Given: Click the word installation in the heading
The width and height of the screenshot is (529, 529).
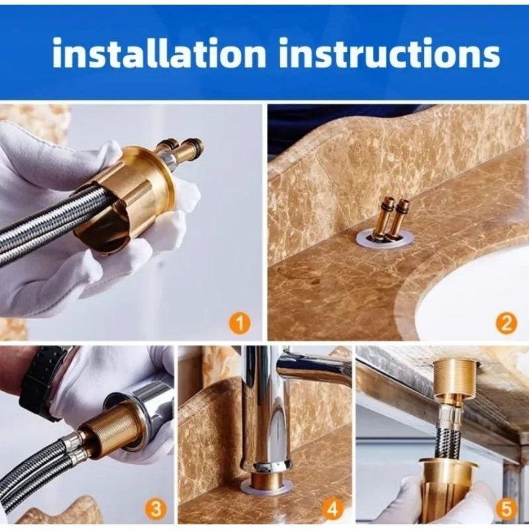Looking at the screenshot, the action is (x=159, y=53).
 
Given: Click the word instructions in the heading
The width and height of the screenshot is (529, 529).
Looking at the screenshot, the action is (x=389, y=54).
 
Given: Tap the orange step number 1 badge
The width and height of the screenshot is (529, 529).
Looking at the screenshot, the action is (x=239, y=323).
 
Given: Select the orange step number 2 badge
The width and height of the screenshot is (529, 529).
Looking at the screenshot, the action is (x=507, y=323).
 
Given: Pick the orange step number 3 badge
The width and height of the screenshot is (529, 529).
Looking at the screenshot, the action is (x=155, y=508).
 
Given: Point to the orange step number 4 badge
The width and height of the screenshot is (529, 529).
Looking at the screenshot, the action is (x=333, y=508).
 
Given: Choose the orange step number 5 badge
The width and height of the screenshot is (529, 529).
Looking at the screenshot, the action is (x=507, y=508).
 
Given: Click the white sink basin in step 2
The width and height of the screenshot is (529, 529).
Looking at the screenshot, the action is (x=479, y=297).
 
